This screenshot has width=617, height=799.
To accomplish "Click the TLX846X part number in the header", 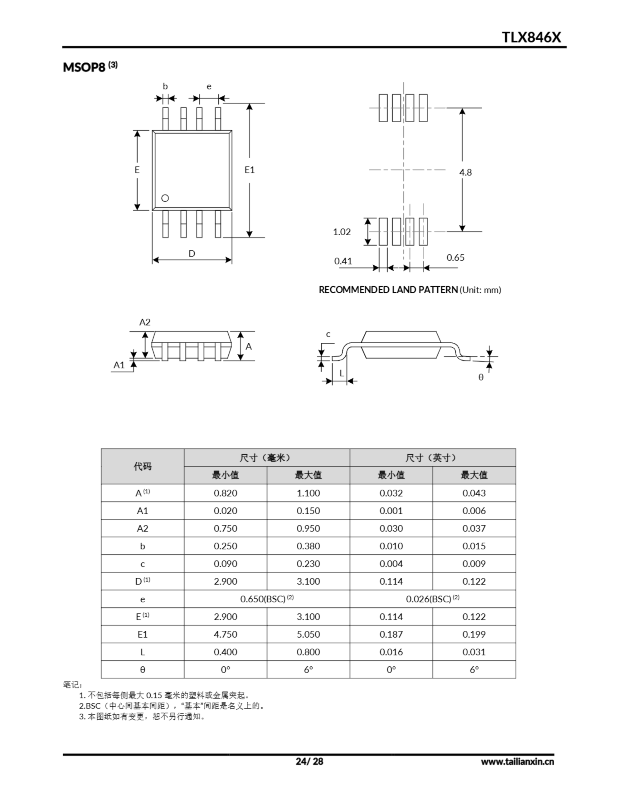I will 531,37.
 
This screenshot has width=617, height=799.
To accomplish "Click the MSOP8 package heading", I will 84,67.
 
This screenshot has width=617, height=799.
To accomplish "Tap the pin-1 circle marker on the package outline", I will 165,198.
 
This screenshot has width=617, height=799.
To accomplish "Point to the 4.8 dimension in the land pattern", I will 465,172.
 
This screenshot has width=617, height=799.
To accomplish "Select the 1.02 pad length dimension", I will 342,232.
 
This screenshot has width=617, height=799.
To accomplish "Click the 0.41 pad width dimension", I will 343,261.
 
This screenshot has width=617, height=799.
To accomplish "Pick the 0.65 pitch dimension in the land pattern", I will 455,257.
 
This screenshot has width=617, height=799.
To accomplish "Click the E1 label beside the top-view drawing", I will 250,170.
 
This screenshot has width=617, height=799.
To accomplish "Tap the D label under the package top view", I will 192,253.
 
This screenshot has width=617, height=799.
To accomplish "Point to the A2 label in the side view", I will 145,322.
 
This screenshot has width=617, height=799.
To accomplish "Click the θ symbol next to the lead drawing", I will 481,377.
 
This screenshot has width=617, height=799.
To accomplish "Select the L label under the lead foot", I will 342,373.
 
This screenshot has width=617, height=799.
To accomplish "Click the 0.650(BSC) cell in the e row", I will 267,599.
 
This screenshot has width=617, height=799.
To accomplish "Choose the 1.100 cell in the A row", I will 308,493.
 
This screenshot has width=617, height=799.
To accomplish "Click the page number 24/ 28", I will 309,761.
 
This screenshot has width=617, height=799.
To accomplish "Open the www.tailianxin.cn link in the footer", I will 517,761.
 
